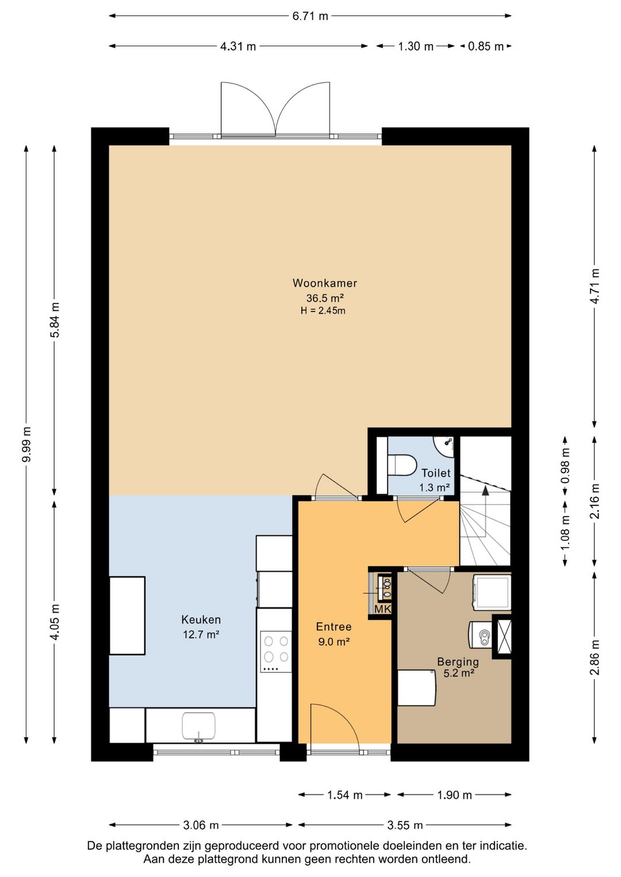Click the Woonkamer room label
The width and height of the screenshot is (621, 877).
(x=325, y=283)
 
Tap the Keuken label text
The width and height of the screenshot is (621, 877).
(x=201, y=620)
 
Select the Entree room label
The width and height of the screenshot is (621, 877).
(x=334, y=626)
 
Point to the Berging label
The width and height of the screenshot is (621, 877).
(x=458, y=661)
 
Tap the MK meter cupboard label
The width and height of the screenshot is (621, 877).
(x=383, y=609)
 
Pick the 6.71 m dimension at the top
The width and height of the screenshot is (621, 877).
(x=310, y=16)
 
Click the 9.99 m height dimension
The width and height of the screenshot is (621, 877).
(x=26, y=444)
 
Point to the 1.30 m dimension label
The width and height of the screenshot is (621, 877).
(x=416, y=47)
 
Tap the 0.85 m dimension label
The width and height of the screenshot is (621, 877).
(x=486, y=47)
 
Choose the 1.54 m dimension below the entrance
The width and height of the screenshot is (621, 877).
(x=345, y=795)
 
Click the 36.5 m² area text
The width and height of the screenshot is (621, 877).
(x=325, y=298)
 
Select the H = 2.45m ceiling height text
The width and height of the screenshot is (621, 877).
(x=323, y=311)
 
